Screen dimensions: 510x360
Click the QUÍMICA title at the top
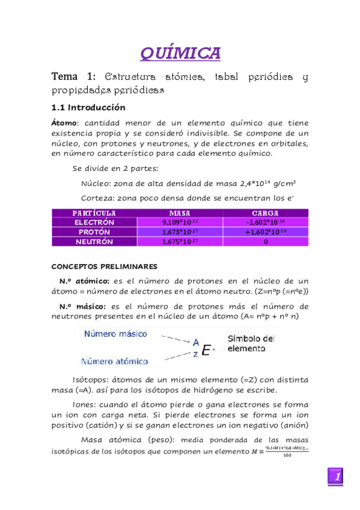[180, 54]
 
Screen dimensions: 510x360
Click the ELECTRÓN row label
[94, 223]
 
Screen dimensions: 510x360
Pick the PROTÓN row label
[94, 232]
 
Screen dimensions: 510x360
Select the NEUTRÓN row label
[94, 242]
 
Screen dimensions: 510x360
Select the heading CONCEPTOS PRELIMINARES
[104, 265]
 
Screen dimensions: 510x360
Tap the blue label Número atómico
[115, 361]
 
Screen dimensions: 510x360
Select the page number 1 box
[338, 477]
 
